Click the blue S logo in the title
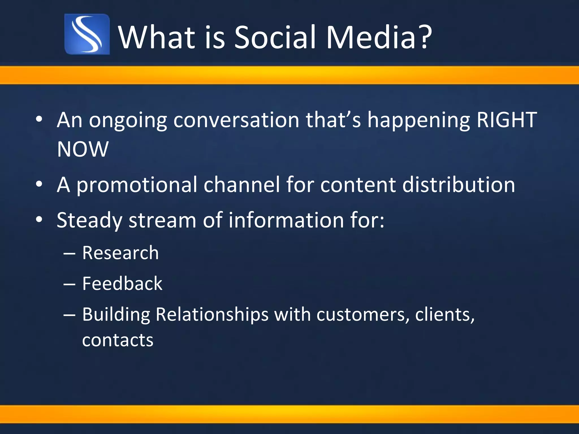87,34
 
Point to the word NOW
83,149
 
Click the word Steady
89,221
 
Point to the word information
286,220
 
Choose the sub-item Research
120,253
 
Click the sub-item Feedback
122,283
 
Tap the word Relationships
212,315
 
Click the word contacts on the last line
118,340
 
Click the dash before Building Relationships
69,315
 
